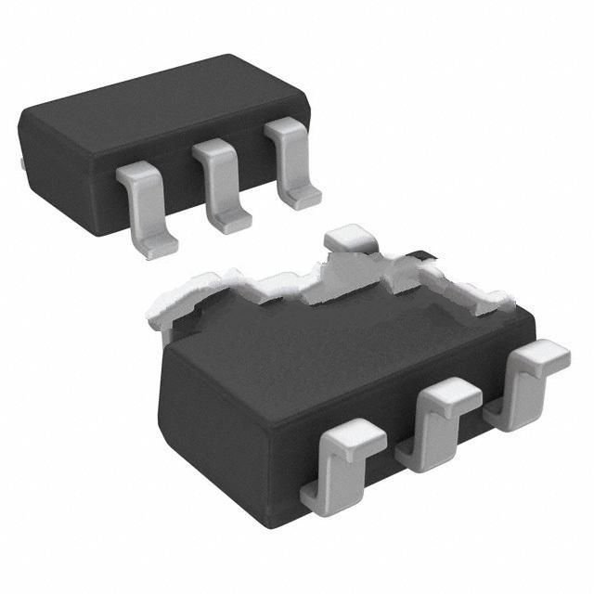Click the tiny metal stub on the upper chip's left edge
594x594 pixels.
coord(20,164)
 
